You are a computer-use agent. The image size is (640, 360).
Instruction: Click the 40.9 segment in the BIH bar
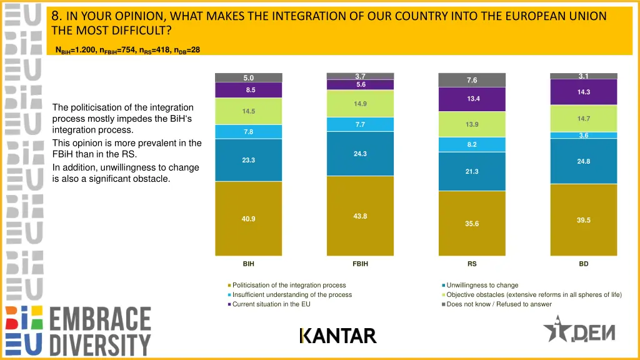[248, 219]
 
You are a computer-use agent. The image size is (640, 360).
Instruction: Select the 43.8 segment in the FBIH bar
[360, 216]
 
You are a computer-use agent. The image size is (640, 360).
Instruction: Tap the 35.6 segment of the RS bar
[472, 223]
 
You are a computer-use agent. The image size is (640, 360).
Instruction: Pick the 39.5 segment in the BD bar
[584, 220]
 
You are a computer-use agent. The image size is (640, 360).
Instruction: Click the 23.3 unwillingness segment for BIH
[248, 160]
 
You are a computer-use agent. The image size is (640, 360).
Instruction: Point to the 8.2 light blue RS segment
[472, 144]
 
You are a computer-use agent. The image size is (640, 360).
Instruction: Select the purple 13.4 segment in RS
[472, 99]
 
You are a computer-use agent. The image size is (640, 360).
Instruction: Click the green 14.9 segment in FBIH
[360, 104]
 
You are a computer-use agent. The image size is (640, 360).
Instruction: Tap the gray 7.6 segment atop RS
[472, 80]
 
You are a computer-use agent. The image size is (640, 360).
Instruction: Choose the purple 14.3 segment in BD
[584, 92]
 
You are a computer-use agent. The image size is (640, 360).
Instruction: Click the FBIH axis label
[360, 264]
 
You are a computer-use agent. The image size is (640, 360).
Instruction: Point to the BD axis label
[584, 264]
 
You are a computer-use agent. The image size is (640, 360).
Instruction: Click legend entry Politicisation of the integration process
[289, 285]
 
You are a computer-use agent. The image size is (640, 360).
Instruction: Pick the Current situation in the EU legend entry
[271, 304]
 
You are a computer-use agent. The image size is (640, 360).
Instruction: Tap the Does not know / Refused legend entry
[499, 304]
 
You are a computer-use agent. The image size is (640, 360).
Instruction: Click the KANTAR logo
[338, 336]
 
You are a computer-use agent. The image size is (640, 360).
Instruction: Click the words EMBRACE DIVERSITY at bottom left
[100, 331]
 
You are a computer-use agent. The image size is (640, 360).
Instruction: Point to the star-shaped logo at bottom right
[556, 329]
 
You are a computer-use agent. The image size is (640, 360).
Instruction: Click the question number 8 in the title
[56, 16]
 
